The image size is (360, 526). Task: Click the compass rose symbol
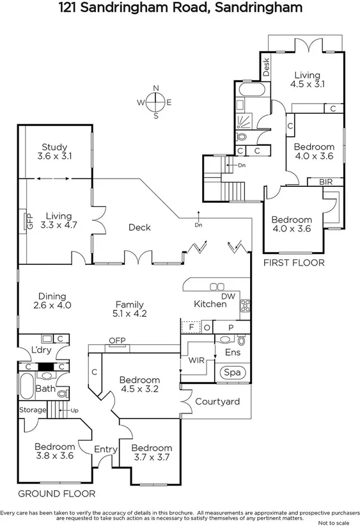[x=155, y=102]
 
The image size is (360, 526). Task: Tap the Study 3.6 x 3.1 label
[x=54, y=151]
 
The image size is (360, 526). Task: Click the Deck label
[x=139, y=227]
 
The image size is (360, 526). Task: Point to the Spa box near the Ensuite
[x=229, y=372]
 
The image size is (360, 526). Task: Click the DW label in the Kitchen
[x=228, y=296]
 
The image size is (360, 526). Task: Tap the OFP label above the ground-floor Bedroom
[x=116, y=340]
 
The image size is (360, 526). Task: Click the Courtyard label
[x=217, y=401]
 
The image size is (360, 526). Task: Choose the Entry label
[x=106, y=449]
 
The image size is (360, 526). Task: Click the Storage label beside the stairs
[x=33, y=410]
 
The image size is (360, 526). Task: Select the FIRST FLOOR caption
[x=294, y=262]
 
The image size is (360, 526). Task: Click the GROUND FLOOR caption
[x=56, y=493]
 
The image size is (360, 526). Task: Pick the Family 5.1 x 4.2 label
[x=129, y=309]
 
